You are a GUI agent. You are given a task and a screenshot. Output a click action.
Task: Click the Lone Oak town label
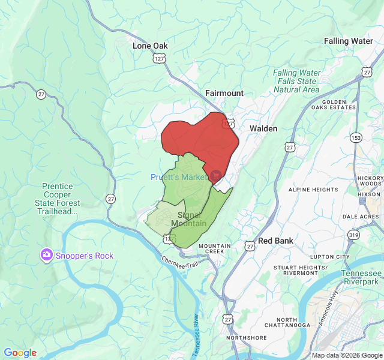coord(150,46)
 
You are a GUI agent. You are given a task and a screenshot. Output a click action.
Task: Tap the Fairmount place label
coord(224,93)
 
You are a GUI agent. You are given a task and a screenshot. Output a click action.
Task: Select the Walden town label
coord(263,128)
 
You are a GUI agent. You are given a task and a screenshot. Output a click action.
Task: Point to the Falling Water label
coord(349,41)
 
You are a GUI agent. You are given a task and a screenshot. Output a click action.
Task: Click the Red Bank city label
coord(275,241)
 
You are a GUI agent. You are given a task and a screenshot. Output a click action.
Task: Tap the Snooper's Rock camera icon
coord(46,255)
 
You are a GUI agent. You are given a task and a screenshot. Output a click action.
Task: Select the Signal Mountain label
coord(188,219)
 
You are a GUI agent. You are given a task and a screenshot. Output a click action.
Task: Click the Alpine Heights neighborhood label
coord(313,190)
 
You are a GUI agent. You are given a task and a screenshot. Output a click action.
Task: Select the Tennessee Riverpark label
coord(361,277)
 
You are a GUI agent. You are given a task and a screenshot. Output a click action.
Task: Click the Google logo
coord(20,353)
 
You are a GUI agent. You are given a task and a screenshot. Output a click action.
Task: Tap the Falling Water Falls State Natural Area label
coord(296,81)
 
